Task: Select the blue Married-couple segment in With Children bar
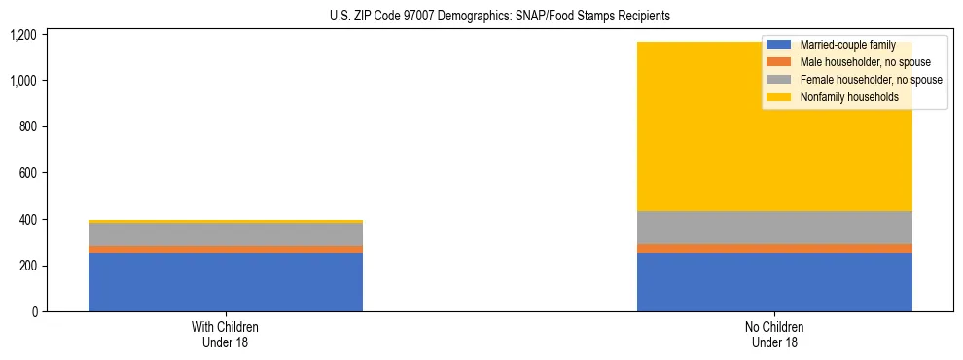pos(226,282)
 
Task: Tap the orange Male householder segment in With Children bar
pos(226,249)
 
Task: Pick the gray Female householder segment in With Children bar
pos(226,234)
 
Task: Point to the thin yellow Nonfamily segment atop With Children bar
pos(226,222)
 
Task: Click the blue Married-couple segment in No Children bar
pos(774,282)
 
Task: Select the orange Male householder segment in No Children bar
pos(774,248)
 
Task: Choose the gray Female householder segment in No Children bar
pos(774,228)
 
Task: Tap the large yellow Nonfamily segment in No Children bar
pos(681,126)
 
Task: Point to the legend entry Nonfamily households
pos(842,97)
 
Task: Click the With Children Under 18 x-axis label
pos(226,334)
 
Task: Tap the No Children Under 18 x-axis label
pos(774,334)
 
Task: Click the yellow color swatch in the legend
pos(779,97)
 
